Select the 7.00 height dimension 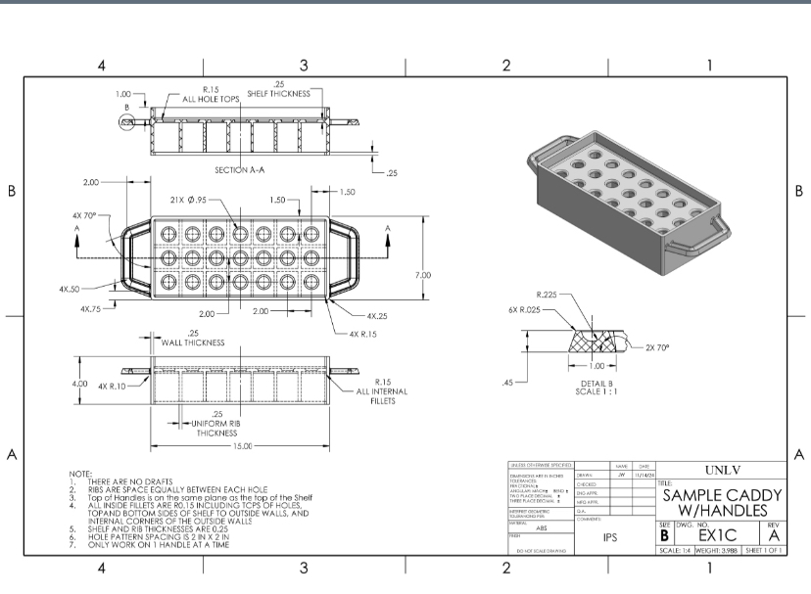(423, 275)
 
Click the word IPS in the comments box (609, 537)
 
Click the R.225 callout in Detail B (547, 294)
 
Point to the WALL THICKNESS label (192, 343)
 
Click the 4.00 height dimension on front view (79, 384)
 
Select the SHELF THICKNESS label (277, 94)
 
